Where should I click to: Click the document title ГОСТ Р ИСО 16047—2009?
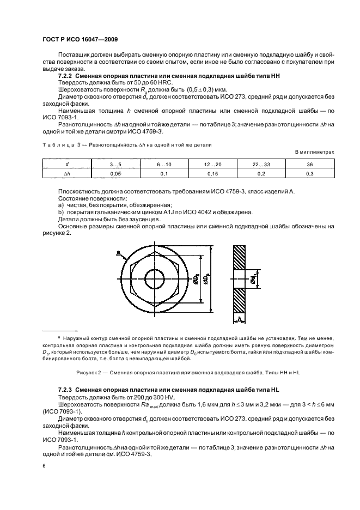point(80,40)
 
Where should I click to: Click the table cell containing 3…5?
point(115,164)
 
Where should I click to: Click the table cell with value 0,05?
point(115,173)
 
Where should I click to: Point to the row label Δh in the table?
point(67,173)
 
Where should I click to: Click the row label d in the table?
point(67,164)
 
